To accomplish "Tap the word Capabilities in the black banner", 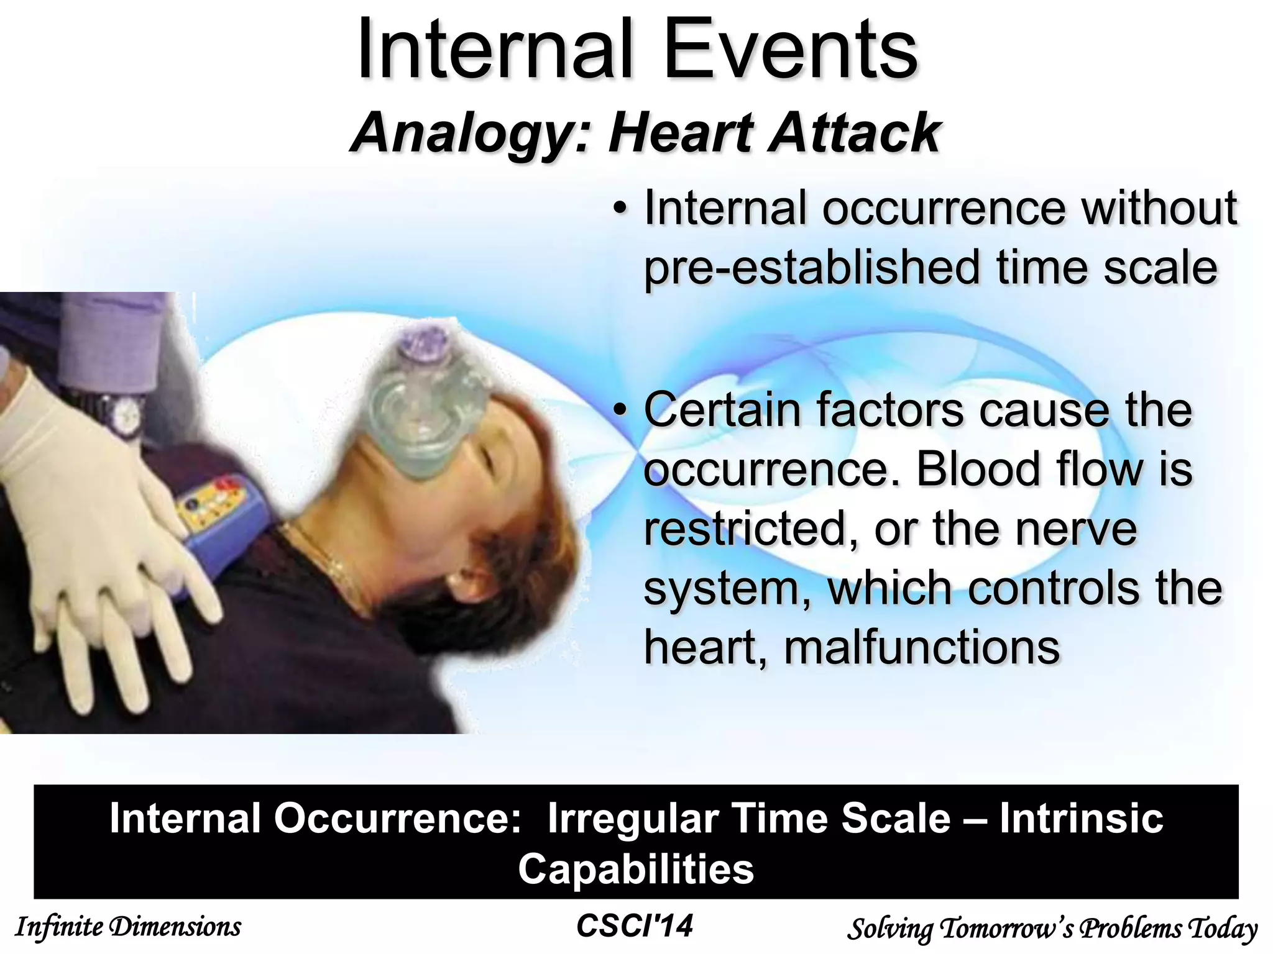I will click(x=636, y=869).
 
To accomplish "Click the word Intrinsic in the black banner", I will click(x=1081, y=819).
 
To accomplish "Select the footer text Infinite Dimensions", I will click(x=127, y=927).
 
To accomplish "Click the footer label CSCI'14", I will click(x=635, y=926).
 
